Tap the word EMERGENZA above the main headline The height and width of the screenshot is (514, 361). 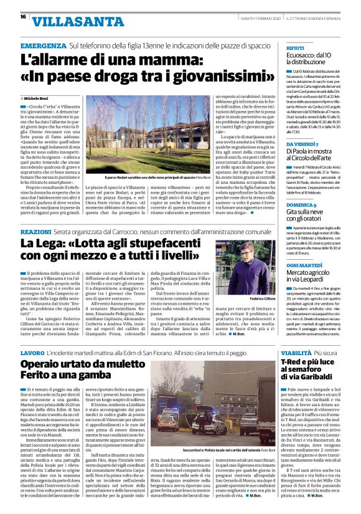42,47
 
